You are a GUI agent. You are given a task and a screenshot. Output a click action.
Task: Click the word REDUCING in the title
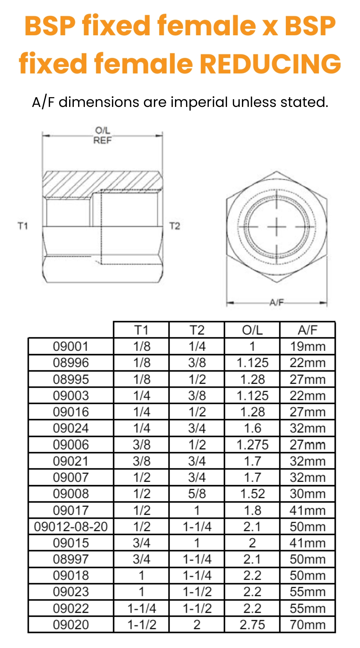click(270, 64)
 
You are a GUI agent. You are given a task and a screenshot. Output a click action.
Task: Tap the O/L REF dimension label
click(103, 135)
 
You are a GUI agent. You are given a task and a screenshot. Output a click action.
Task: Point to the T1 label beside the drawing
click(23, 226)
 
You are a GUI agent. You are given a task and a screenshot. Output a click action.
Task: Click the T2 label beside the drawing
click(175, 226)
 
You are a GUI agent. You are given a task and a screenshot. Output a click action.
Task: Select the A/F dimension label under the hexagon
click(276, 302)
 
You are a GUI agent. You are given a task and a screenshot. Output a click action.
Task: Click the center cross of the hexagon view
click(276, 227)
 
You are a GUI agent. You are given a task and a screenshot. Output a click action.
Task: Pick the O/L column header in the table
click(252, 330)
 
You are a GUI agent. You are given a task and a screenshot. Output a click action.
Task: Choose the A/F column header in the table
click(307, 330)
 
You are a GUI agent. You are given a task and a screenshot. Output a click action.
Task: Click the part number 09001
click(71, 346)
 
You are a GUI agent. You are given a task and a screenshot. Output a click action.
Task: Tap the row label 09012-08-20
click(71, 527)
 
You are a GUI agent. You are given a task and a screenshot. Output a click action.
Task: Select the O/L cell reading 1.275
click(252, 445)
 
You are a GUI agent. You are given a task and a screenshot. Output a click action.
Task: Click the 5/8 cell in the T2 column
click(197, 494)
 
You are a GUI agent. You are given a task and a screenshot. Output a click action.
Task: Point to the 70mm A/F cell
click(307, 625)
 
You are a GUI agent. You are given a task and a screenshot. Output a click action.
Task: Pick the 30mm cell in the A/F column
click(307, 494)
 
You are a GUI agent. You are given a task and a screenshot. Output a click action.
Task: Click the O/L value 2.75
click(252, 625)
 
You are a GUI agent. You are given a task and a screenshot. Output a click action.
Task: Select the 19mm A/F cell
click(307, 346)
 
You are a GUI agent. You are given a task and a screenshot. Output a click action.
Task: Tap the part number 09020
click(71, 625)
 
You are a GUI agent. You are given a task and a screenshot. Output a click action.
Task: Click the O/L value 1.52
click(252, 494)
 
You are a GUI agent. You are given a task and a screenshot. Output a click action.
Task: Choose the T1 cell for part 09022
click(141, 608)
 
